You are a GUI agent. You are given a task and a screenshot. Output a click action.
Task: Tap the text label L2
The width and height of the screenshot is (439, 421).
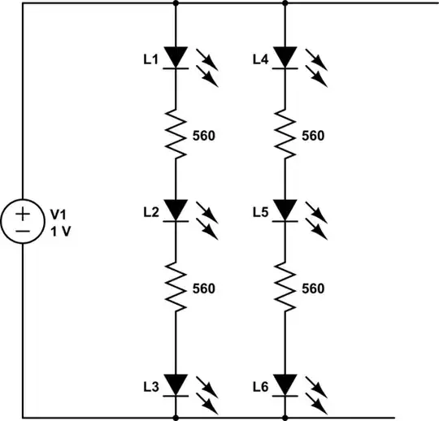coord(150,212)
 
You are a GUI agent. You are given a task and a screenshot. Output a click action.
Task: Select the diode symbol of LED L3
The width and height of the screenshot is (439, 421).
coord(176,383)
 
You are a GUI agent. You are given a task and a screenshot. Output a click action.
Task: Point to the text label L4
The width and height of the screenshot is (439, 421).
coord(260,59)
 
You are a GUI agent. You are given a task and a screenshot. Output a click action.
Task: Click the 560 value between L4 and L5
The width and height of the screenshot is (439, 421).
coord(312,136)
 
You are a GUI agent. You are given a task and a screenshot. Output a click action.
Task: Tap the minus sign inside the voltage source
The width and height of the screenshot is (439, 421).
coord(23,232)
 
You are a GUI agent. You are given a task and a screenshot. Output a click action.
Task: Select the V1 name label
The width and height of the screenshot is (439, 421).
coord(58,215)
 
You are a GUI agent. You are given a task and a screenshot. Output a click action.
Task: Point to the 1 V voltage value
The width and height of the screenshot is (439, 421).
coord(59,230)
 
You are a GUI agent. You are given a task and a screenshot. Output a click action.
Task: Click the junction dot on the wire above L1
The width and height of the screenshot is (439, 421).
coord(176,3)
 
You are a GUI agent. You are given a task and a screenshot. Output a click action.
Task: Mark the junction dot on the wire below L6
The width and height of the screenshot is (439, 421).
coord(285,416)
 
